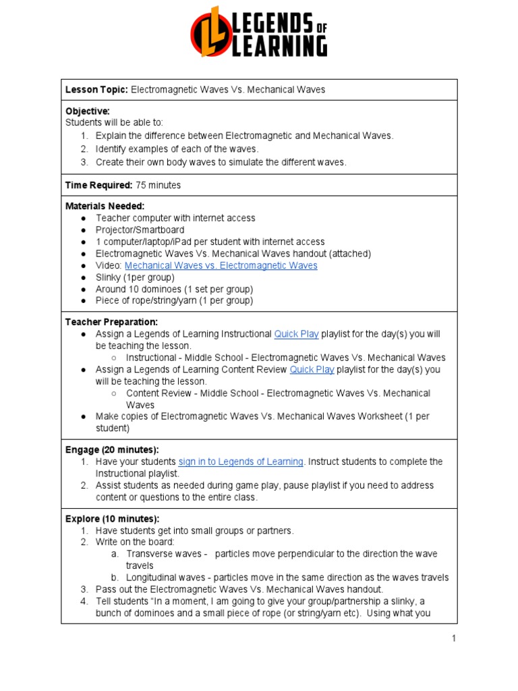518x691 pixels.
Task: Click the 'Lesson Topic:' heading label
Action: pos(96,90)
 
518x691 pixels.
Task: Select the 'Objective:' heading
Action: pos(87,111)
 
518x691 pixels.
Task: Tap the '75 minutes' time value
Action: pos(158,185)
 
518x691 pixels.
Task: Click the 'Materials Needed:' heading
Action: pos(105,206)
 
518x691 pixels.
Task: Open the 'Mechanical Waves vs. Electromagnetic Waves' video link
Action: pos(221,265)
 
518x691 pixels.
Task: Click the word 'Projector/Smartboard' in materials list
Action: pos(140,230)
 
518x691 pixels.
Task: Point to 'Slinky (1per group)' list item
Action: pos(135,277)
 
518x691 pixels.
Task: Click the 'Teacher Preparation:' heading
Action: pos(111,322)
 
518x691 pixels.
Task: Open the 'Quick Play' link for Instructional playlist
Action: pos(296,334)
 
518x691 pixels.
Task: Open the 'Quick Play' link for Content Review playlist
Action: pos(312,370)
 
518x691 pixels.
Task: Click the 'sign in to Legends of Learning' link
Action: pos(240,462)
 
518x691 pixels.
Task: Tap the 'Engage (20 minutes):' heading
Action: pos(112,449)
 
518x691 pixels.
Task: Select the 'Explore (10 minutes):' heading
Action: pos(112,519)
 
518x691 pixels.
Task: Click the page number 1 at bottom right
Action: pos(454,638)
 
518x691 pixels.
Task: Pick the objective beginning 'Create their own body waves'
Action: pos(221,162)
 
